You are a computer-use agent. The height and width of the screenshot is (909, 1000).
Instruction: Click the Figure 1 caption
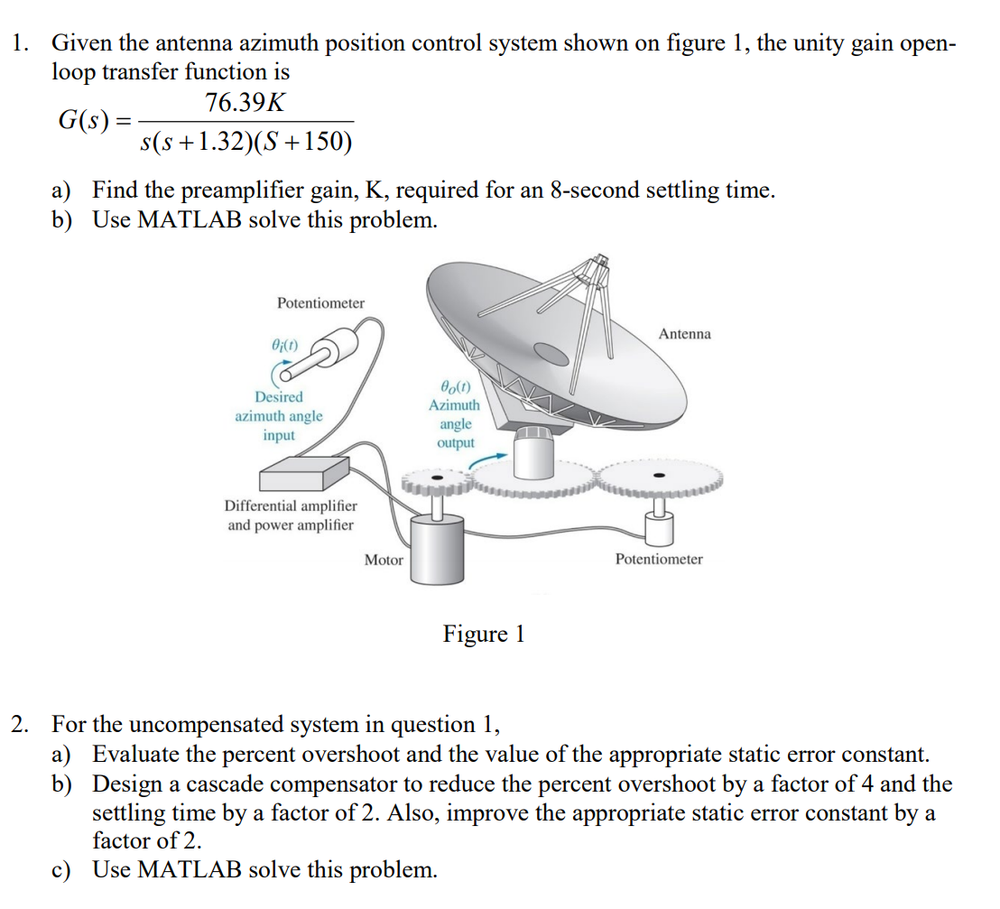coord(483,634)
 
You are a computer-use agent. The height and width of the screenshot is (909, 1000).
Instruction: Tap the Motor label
coord(384,560)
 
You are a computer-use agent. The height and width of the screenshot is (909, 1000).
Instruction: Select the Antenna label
coord(684,334)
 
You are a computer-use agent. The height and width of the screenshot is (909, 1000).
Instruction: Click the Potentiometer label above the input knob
coord(320,302)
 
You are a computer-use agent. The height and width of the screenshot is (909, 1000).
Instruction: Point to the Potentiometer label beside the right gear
coord(659,559)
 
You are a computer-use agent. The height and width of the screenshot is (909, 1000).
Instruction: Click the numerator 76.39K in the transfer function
coord(245,103)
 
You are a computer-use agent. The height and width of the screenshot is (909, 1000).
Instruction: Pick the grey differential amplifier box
coord(304,471)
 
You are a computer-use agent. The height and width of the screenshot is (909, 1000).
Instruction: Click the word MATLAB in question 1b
coord(190,219)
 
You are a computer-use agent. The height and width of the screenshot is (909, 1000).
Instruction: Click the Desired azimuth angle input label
coord(279,415)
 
